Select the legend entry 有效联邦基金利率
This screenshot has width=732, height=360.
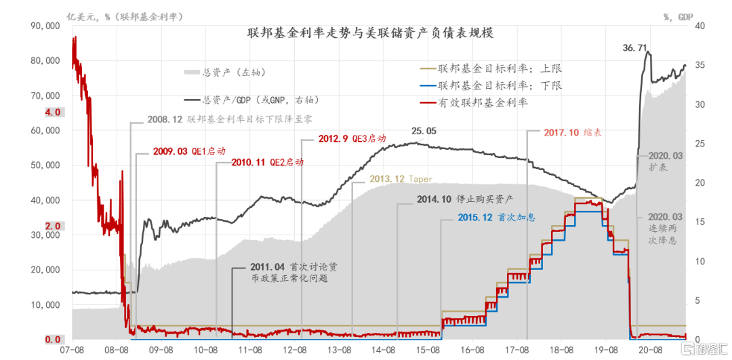point(483,102)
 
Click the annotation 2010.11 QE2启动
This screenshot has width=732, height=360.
point(266,163)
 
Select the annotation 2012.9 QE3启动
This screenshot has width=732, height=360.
point(352,139)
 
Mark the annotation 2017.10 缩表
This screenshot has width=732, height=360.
point(572,133)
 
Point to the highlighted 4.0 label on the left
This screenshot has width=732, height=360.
point(53,113)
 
